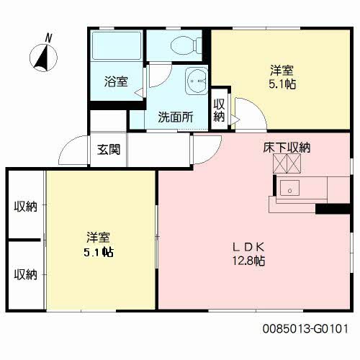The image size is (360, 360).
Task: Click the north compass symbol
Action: point(43,58)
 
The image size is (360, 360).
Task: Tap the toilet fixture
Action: point(186,45)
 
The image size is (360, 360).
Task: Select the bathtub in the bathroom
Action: point(117,45)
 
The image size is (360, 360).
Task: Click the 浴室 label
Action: point(116,81)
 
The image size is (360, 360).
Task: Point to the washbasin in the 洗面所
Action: point(197,81)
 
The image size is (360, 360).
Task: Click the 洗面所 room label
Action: point(176,117)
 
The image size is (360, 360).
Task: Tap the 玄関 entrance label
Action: point(109,150)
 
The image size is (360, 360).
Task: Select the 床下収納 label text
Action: point(287,148)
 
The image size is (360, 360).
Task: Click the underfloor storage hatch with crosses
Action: point(287,163)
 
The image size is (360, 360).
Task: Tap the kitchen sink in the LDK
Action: point(289,188)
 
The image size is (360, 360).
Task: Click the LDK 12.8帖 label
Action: point(248,254)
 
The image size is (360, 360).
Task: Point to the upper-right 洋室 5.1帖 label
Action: point(282,77)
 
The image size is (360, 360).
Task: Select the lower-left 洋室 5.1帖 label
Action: point(99,244)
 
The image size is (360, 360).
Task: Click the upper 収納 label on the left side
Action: point(26,206)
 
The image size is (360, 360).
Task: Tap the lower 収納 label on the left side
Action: point(26,274)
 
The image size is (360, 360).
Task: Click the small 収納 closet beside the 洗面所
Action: point(219,110)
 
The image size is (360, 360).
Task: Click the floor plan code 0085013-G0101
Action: point(305,328)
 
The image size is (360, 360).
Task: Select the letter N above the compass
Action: point(49,38)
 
